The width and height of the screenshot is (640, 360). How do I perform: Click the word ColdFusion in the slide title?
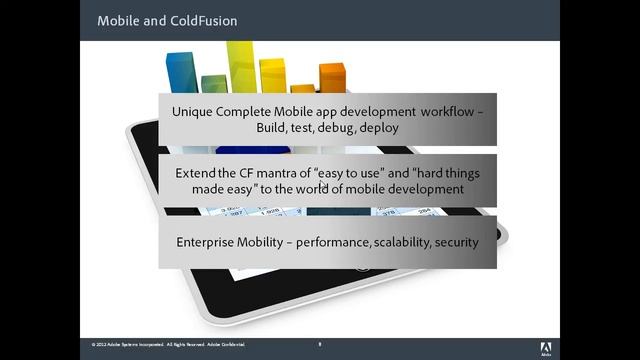click(204, 20)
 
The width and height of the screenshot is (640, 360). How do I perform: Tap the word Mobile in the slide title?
click(119, 20)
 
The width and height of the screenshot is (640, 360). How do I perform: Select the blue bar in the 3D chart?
click(181, 73)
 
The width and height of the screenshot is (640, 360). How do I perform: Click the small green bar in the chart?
click(214, 83)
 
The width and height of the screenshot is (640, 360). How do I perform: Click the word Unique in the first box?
click(193, 112)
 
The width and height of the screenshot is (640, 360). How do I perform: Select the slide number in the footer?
click(320, 344)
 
